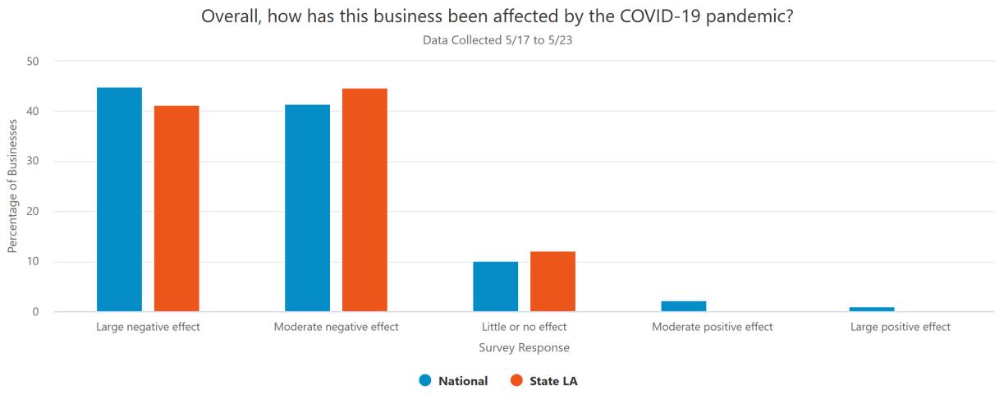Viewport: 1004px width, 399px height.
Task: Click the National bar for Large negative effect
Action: tap(119, 199)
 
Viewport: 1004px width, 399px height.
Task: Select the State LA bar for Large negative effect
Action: tap(177, 209)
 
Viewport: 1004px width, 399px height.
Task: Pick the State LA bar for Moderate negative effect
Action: tap(364, 199)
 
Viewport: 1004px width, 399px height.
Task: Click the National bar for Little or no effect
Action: tap(495, 287)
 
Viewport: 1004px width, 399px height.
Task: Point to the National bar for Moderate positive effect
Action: tap(683, 306)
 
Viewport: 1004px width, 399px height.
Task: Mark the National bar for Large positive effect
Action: tap(871, 310)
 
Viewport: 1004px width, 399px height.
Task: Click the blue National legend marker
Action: tap(424, 380)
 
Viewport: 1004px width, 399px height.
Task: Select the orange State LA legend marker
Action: tap(516, 380)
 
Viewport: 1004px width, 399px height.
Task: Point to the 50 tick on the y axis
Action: tap(34, 61)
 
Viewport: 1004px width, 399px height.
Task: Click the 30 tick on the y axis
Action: tap(34, 162)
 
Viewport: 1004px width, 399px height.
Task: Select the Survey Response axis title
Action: tap(524, 348)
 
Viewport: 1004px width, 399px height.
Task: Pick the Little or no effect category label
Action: tap(524, 327)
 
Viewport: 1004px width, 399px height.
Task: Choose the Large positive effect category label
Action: tap(900, 327)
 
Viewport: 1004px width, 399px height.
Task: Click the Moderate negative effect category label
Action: tap(336, 327)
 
